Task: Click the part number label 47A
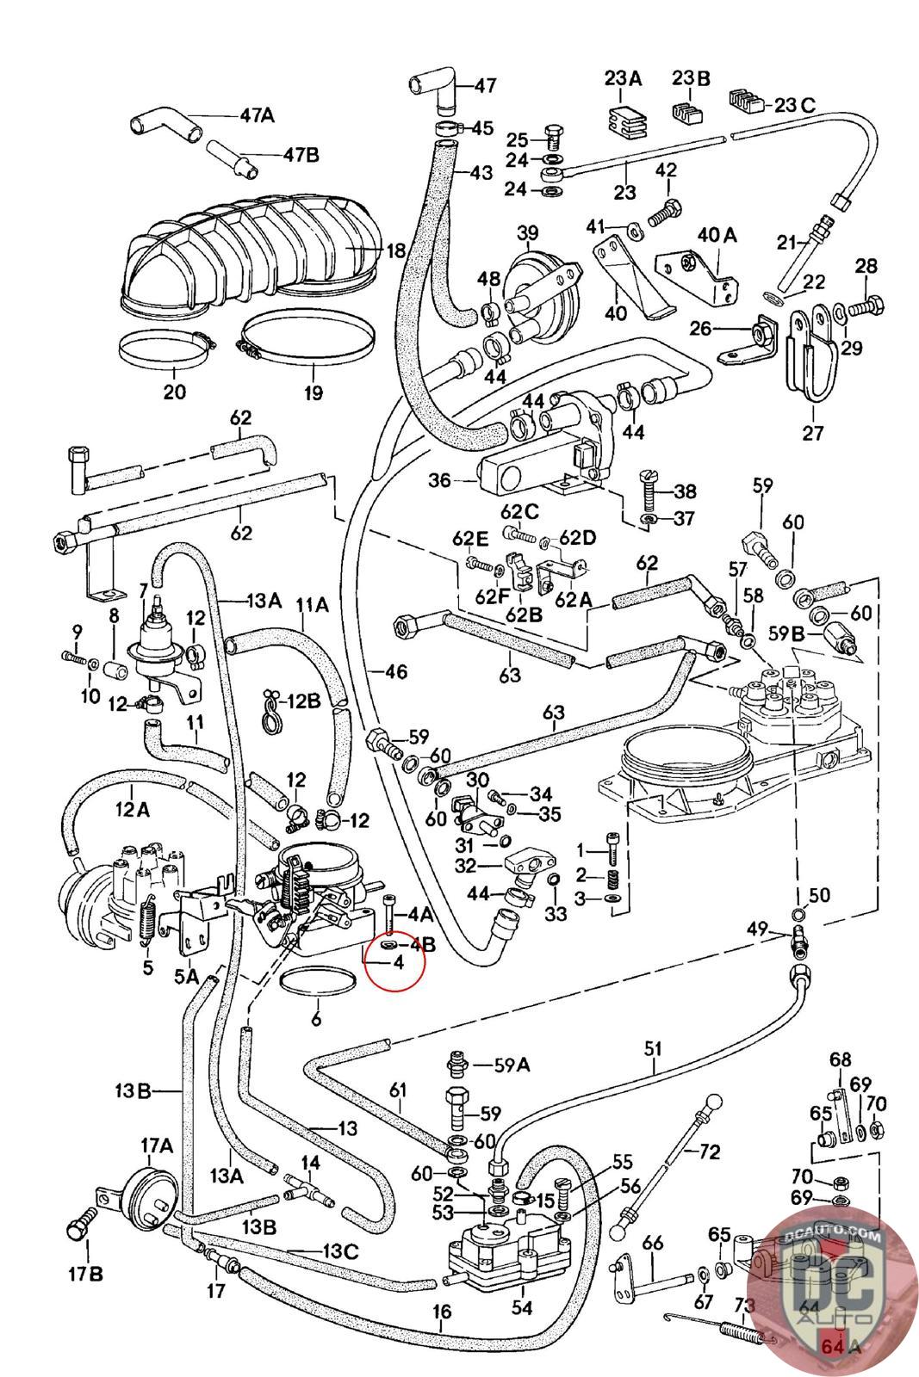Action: (x=257, y=114)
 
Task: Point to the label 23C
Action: (x=794, y=105)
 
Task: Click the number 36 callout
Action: (x=439, y=479)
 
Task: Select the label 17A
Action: (x=157, y=1145)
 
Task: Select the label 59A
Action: (x=512, y=1065)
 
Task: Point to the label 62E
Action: (x=470, y=540)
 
